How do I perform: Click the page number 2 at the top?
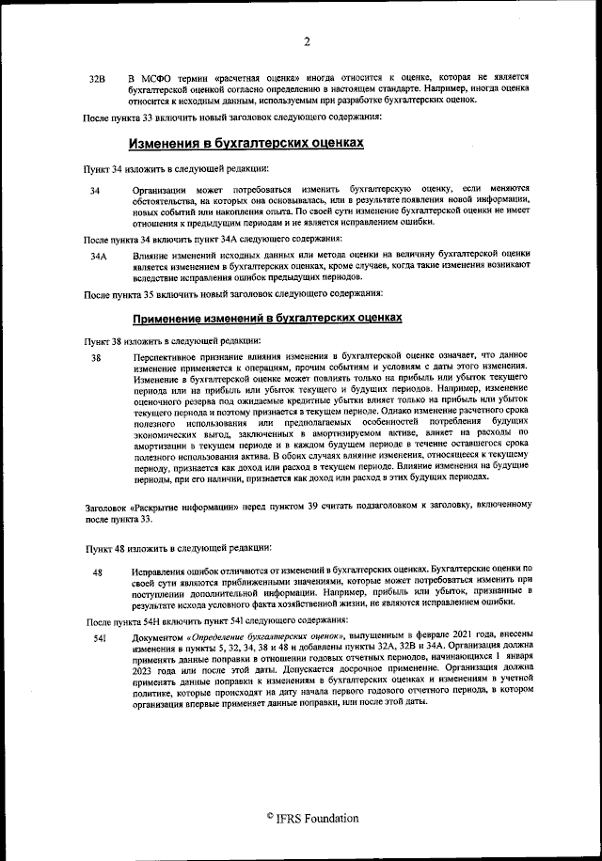[x=308, y=40]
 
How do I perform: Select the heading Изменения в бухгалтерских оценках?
[x=246, y=144]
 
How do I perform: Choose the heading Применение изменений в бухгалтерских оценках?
[x=267, y=318]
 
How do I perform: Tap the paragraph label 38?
[x=95, y=357]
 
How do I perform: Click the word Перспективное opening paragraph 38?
[x=173, y=356]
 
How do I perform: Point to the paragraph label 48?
[x=97, y=572]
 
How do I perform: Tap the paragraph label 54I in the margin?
[x=97, y=638]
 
